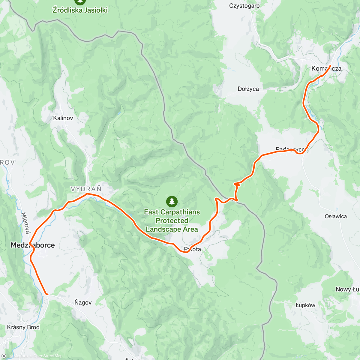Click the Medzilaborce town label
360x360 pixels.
tap(33, 245)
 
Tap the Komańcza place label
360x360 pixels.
tap(326, 69)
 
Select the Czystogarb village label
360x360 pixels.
tap(244, 6)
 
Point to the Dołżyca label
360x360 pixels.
tap(248, 89)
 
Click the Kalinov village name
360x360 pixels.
tap(63, 118)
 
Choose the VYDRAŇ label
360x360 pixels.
tap(86, 189)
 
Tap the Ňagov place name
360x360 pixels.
tap(83, 302)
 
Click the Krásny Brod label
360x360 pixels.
tap(23, 327)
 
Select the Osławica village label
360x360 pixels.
tap(336, 216)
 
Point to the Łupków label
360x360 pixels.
tap(305, 305)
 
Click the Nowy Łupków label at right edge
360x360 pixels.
tap(347, 289)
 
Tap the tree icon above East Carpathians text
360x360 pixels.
tap(172, 201)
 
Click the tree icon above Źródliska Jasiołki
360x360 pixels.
tap(80, 1)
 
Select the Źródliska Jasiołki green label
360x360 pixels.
tap(80, 10)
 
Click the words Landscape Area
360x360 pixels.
tap(172, 229)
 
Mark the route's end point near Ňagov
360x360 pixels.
tap(47, 294)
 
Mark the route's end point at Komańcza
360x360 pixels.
tap(330, 66)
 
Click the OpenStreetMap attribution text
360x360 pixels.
tap(48, 356)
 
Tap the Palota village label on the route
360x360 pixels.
tap(193, 249)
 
